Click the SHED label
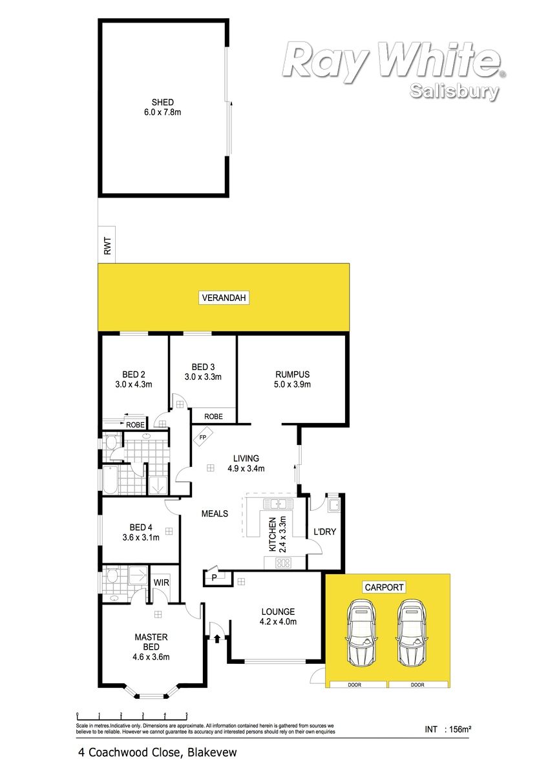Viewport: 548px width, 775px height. [162, 102]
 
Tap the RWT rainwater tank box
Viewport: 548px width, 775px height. [107, 245]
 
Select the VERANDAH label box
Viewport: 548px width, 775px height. [224, 298]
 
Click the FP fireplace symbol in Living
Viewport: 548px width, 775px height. [203, 437]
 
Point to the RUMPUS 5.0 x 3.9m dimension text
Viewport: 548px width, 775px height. [292, 384]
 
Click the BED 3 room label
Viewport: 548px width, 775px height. [203, 367]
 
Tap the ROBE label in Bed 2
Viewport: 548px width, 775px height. [135, 425]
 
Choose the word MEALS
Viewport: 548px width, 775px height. [215, 513]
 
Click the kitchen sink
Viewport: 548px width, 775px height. [278, 504]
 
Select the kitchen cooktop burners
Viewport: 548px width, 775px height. [283, 563]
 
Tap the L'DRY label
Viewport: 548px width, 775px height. [324, 532]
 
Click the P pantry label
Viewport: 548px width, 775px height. [214, 577]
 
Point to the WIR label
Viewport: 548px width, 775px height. [162, 583]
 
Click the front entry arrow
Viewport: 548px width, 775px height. [217, 637]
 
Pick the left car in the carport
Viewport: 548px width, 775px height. [361, 633]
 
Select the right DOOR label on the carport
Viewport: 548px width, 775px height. [417, 685]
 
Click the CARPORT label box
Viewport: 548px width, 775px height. [384, 587]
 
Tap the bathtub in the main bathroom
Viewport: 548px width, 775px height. [110, 480]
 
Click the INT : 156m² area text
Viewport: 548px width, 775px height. [448, 729]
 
